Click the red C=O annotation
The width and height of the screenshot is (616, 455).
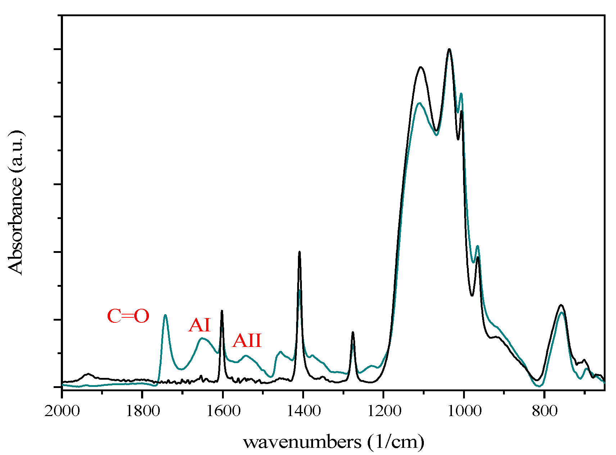tap(128, 317)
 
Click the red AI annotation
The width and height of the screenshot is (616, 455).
tap(199, 325)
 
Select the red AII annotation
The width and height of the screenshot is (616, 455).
tap(247, 340)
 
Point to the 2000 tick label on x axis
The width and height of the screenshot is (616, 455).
tap(62, 410)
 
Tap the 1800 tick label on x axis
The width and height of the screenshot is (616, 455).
tap(142, 410)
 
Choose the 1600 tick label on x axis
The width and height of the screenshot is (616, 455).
tap(223, 410)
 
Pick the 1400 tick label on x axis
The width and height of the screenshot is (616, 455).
tap(303, 410)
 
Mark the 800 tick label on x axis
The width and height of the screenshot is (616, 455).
tap(544, 410)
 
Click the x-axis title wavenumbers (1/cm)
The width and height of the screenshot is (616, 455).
tap(334, 442)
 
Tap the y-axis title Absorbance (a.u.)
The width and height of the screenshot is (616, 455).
tap(15, 202)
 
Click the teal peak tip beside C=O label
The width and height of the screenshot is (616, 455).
tap(165, 315)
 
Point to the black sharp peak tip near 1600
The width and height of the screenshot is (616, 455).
tap(222, 311)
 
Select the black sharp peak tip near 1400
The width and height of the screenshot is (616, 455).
tap(299, 252)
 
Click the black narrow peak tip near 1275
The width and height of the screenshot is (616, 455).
tap(353, 332)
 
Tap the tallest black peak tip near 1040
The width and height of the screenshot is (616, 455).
tap(449, 49)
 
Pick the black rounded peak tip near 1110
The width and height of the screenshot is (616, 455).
tap(421, 67)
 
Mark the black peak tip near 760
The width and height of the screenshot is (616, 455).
tap(561, 305)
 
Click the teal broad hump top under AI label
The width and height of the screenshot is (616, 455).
tap(202, 338)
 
